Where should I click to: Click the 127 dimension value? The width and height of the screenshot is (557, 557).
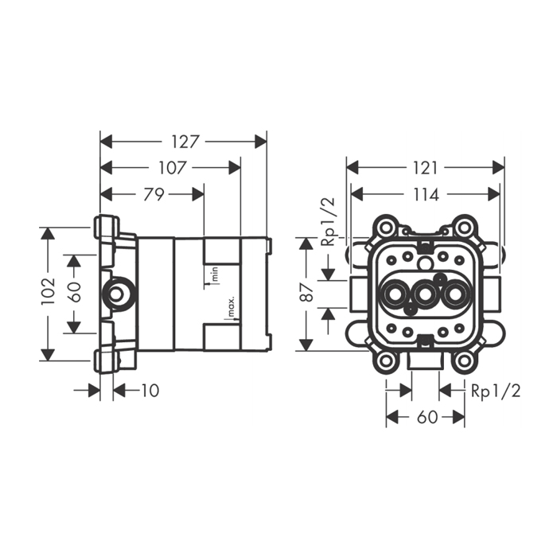pyautogui.click(x=185, y=141)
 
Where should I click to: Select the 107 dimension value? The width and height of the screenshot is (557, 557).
pyautogui.click(x=172, y=168)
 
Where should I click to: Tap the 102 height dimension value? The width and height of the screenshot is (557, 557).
pyautogui.click(x=49, y=292)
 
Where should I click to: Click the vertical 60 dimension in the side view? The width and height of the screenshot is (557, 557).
pyautogui.click(x=74, y=293)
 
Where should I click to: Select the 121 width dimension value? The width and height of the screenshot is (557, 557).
pyautogui.click(x=426, y=168)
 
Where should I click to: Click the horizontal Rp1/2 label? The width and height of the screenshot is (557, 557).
pyautogui.click(x=495, y=391)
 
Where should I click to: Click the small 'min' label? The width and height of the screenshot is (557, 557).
pyautogui.click(x=215, y=275)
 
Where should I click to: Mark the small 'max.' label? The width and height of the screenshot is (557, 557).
pyautogui.click(x=230, y=307)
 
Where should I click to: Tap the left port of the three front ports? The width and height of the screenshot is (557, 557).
pyautogui.click(x=393, y=296)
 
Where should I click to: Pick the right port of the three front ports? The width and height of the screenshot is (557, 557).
pyautogui.click(x=457, y=296)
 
